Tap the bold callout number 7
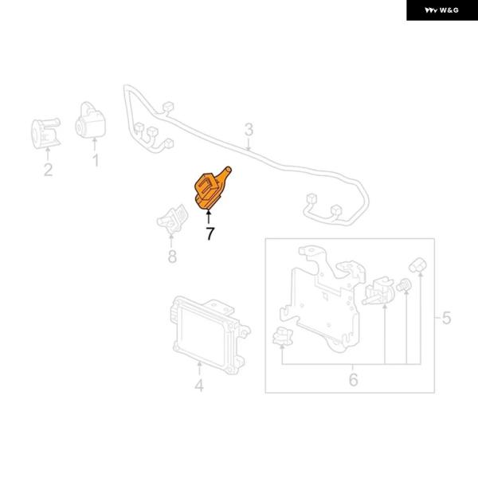[x=210, y=233]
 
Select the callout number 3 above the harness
[x=249, y=130]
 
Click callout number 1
[x=96, y=160]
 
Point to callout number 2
[x=48, y=170]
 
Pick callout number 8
[x=172, y=256]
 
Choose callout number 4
[x=199, y=386]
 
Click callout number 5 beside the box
[x=446, y=318]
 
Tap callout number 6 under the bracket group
[x=353, y=379]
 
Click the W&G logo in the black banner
[x=441, y=10]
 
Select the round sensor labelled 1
[x=91, y=120]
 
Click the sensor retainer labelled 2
[x=46, y=133]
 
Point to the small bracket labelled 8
[x=172, y=219]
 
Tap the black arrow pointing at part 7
[x=209, y=217]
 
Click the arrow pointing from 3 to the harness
[x=249, y=144]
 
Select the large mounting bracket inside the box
[x=323, y=299]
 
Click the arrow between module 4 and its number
[x=199, y=368]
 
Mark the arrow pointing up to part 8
[x=171, y=241]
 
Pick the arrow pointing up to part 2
[x=48, y=155]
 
